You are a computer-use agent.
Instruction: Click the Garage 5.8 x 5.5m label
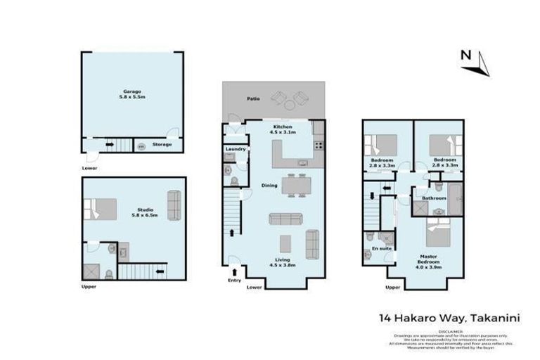pos(133,95)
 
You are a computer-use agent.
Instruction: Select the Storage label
pos(162,146)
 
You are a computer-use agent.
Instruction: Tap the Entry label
pos(234,281)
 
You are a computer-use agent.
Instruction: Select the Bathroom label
pos(434,198)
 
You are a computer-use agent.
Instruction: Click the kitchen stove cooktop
pos(319,146)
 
